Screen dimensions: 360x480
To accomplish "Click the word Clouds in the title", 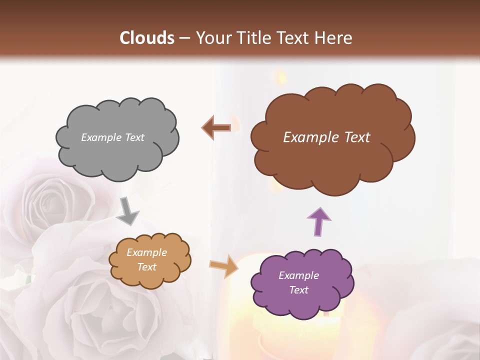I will point(147,38).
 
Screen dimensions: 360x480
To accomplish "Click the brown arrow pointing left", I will point(216,128).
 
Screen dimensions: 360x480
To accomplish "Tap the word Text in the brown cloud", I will point(353,137).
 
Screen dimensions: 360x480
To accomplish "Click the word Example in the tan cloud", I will point(146,252).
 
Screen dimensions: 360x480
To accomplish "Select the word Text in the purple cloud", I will point(298,290).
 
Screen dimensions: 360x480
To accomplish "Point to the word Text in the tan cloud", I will point(146,267).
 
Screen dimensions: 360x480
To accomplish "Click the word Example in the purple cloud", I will point(298,275).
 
